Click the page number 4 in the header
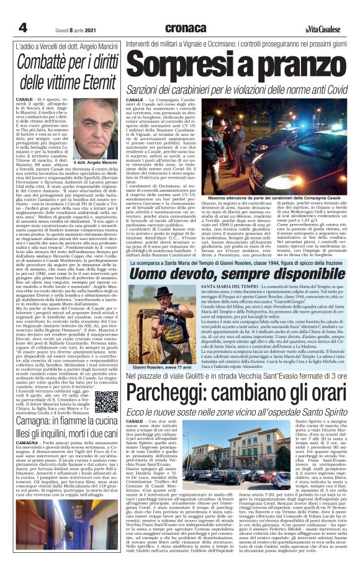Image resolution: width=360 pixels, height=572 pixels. click(23, 27)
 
